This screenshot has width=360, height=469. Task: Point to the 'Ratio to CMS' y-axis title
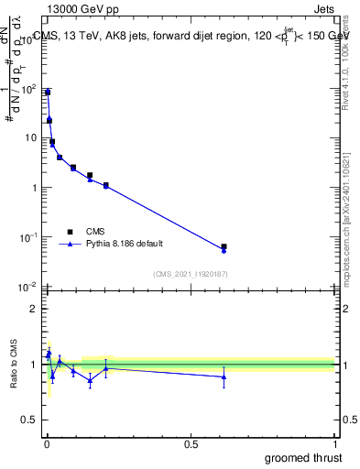(x=14, y=365)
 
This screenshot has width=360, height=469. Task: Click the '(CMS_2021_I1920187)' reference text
(x=189, y=274)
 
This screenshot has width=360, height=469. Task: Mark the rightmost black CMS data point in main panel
(x=224, y=246)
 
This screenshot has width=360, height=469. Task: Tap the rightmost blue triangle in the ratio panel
(x=224, y=376)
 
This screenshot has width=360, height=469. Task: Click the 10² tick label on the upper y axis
(x=27, y=90)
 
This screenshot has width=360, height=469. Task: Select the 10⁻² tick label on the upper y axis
(x=27, y=288)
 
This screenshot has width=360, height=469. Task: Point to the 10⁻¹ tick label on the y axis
(x=27, y=238)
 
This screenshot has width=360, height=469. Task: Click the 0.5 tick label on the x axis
(x=191, y=445)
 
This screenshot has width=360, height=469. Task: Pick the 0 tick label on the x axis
(x=46, y=445)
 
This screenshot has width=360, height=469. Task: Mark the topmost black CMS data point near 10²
(x=48, y=93)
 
